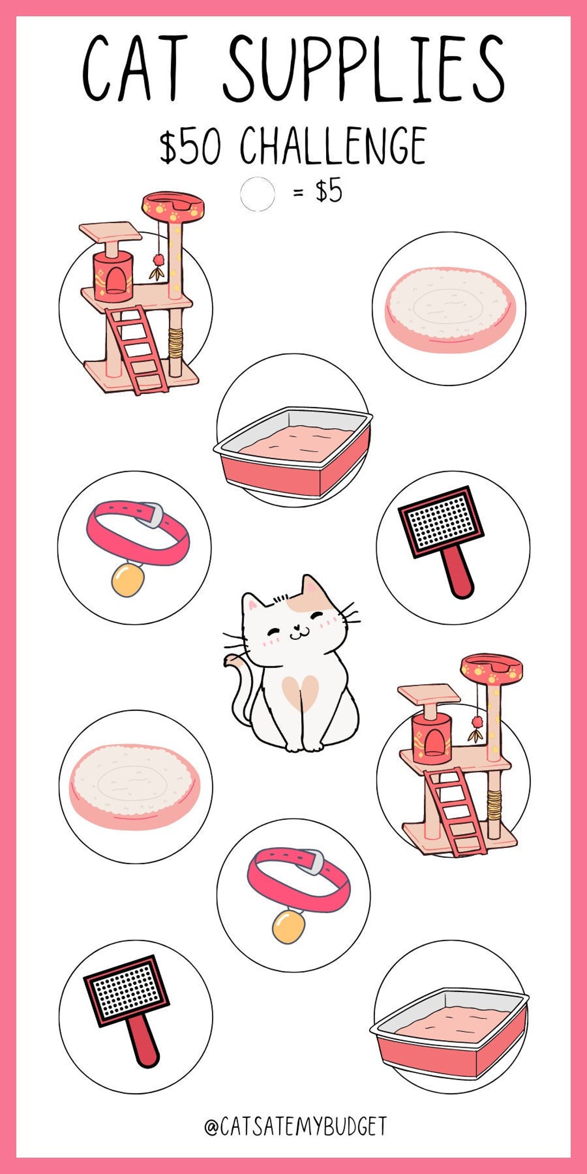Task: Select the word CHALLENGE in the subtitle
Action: tap(333, 146)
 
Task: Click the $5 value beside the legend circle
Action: tap(329, 191)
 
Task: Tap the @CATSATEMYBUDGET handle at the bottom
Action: tap(295, 1127)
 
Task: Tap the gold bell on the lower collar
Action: tap(288, 927)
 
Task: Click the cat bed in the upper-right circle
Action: tap(449, 309)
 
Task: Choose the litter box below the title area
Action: tap(293, 451)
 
